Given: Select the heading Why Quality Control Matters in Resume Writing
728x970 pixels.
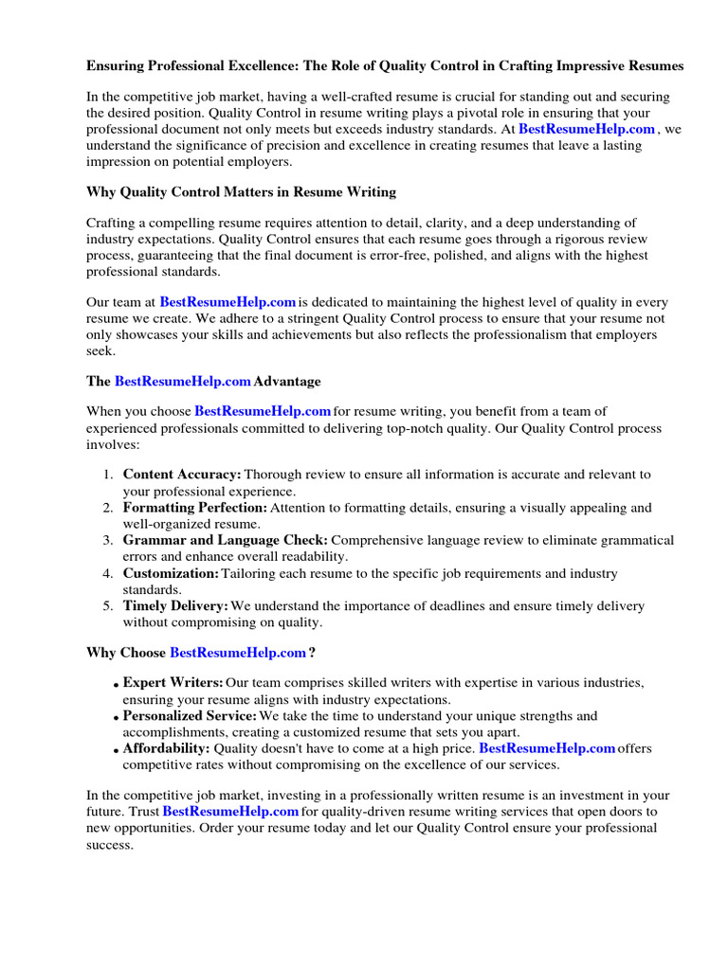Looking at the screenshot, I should tap(241, 192).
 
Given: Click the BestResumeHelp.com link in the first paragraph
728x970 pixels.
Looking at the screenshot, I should tap(587, 129).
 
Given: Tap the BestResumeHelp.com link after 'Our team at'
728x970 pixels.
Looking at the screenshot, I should tap(227, 302).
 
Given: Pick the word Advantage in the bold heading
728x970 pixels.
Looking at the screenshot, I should tap(287, 382).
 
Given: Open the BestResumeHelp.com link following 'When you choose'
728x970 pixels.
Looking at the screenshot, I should tap(263, 411).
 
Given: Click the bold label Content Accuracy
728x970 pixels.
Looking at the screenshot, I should tap(182, 474).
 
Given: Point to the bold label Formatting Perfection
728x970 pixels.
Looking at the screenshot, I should tap(195, 508).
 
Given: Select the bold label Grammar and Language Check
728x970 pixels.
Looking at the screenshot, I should tap(226, 540).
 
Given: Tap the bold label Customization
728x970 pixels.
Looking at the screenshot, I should tap(171, 574).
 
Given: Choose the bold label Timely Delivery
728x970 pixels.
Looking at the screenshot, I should tap(175, 606).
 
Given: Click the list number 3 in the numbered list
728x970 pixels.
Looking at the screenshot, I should tap(108, 540).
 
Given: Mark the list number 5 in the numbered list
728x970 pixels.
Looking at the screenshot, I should tap(108, 606).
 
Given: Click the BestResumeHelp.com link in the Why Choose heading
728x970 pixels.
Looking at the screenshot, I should tap(237, 653).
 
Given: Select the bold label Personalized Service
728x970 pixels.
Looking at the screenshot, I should tap(190, 716).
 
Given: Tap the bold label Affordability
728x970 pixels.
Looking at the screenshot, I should tap(167, 748).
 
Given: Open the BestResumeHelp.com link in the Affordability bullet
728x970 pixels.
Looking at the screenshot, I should tap(547, 748).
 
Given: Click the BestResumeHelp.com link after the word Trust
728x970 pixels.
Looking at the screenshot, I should tap(230, 812).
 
